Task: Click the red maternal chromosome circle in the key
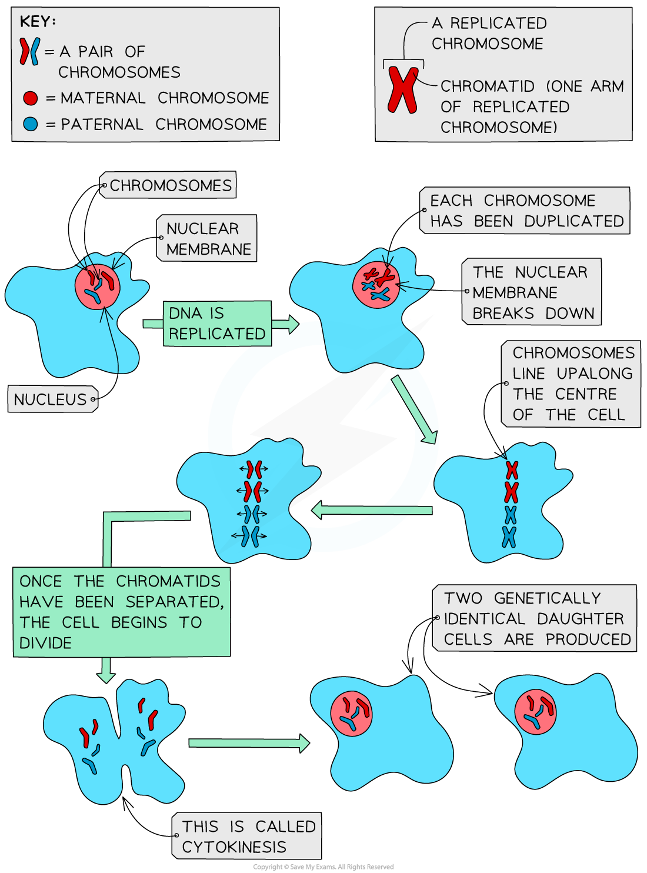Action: click(x=30, y=98)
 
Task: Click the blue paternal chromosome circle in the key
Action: click(x=30, y=124)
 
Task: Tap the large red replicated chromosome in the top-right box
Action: click(x=403, y=90)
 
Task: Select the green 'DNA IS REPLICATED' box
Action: click(x=217, y=324)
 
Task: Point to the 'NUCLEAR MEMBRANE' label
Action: click(x=207, y=238)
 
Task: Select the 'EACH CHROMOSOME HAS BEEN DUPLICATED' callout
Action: click(x=525, y=211)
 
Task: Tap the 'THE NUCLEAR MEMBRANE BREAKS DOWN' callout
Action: click(x=532, y=292)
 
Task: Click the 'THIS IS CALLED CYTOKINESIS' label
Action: click(x=248, y=837)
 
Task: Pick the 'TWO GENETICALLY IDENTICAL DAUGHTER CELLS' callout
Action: click(x=535, y=618)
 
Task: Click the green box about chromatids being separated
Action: click(x=121, y=612)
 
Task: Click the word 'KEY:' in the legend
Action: click(x=38, y=22)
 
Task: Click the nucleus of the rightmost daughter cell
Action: click(x=535, y=711)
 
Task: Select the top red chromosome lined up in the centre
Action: click(x=512, y=470)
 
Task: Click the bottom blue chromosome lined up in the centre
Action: click(x=509, y=537)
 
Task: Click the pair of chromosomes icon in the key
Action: click(x=30, y=51)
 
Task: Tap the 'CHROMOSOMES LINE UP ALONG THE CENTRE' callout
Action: click(x=571, y=384)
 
